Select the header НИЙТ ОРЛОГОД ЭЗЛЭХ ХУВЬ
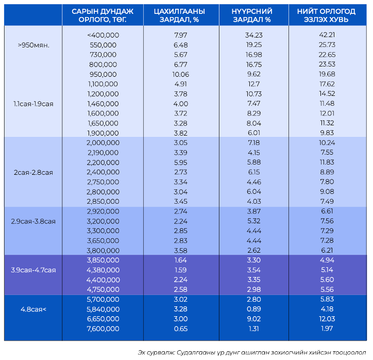tap(326, 15)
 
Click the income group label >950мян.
tap(32, 45)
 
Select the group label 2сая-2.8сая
tap(32, 172)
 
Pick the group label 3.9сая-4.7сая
tap(32, 270)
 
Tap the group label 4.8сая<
tap(32, 309)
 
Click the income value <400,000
tap(103, 35)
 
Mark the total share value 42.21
tap(327, 35)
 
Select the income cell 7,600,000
tap(103, 329)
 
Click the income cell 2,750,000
tap(103, 182)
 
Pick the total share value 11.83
tap(327, 162)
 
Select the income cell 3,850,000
tap(103, 260)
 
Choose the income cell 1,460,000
tap(103, 104)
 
